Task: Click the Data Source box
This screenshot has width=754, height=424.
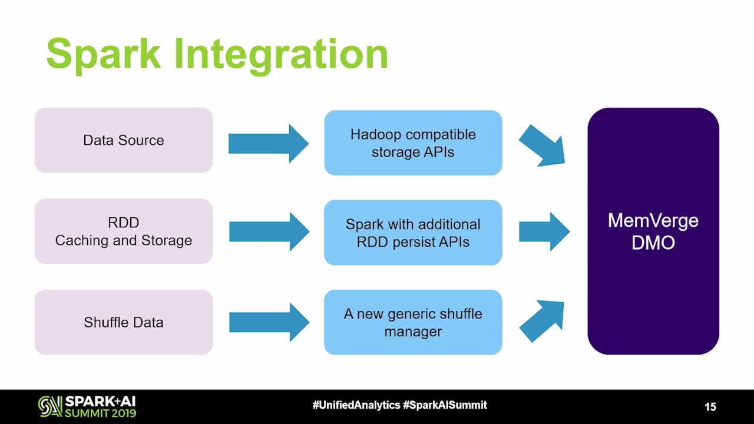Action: point(124,140)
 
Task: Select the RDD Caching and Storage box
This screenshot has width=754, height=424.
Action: point(124,231)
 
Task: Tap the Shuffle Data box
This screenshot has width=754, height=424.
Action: point(124,322)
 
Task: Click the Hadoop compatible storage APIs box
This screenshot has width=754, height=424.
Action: point(413,143)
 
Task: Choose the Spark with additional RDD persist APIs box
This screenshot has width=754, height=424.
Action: point(413,233)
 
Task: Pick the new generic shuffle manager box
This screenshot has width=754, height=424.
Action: point(413,322)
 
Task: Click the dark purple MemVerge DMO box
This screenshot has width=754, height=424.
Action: point(653,231)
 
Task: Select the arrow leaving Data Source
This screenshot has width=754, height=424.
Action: point(268,144)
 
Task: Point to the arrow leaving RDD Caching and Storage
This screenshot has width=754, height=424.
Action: point(269,232)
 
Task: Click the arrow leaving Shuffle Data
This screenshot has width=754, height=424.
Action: point(269,322)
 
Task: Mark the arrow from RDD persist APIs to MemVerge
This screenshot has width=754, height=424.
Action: point(544,232)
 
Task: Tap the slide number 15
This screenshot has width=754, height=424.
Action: point(710,407)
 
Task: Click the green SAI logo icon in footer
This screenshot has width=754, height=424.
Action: point(49,406)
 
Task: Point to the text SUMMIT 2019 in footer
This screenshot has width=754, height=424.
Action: point(101,413)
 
